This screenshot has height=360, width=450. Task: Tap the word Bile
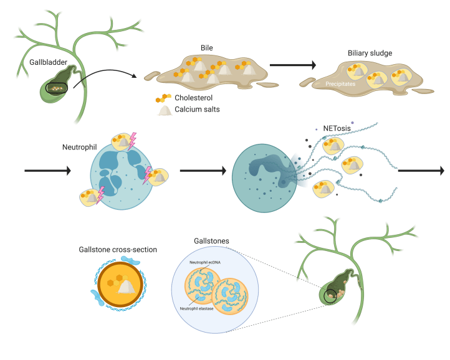click(208, 49)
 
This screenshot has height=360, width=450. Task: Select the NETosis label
click(337, 129)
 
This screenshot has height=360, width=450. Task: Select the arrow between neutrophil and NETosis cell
click(200, 170)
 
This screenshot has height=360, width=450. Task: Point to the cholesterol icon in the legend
click(163, 98)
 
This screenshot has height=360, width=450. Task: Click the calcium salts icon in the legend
click(164, 110)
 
